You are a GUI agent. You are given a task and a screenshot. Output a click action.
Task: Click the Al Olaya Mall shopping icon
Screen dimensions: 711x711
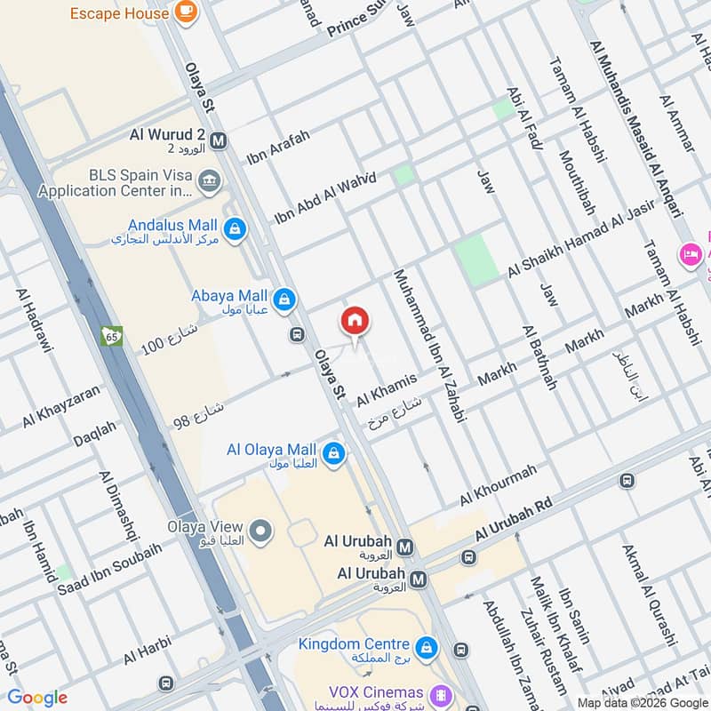click(x=333, y=454)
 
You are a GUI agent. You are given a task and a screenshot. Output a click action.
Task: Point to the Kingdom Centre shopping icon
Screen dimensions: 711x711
click(x=427, y=646)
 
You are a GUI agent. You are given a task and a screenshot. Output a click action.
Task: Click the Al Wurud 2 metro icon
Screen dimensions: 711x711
click(x=220, y=140)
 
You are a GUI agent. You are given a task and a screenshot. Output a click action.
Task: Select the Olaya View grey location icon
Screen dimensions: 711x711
click(x=260, y=531)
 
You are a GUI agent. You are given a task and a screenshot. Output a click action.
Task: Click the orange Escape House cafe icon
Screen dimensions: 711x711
click(x=186, y=11)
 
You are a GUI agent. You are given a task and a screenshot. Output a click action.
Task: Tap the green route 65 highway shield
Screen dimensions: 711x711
click(x=112, y=337)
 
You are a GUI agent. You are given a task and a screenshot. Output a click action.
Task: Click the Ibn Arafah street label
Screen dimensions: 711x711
click(x=279, y=148)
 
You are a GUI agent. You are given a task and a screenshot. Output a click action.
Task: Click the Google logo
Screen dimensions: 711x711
click(x=37, y=698)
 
